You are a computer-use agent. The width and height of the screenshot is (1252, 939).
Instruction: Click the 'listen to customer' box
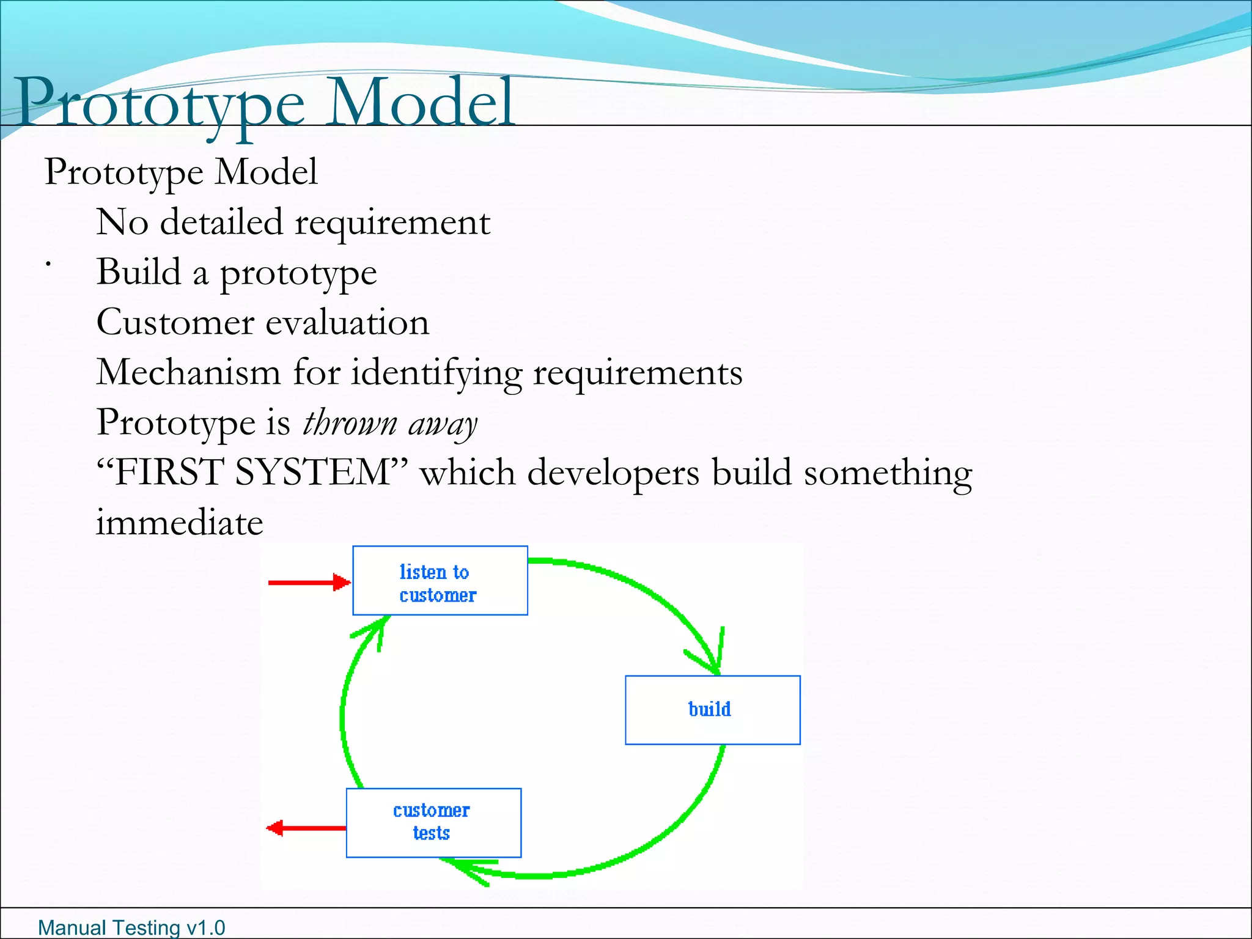[440, 581]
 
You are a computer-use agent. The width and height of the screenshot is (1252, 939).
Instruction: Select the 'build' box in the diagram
[712, 710]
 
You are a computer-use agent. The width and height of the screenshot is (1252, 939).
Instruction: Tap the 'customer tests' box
[433, 822]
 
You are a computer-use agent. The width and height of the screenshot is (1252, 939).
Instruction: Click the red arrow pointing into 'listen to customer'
[309, 582]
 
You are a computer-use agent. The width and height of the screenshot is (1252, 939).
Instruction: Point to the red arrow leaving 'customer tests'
[306, 828]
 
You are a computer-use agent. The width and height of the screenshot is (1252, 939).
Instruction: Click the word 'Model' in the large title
[422, 103]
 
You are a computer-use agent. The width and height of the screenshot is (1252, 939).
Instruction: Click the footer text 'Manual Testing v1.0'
[131, 927]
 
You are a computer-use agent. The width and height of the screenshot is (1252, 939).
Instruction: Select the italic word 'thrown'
[350, 423]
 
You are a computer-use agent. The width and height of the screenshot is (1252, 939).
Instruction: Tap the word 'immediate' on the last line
[179, 523]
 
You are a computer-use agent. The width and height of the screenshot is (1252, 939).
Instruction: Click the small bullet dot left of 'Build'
[47, 264]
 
